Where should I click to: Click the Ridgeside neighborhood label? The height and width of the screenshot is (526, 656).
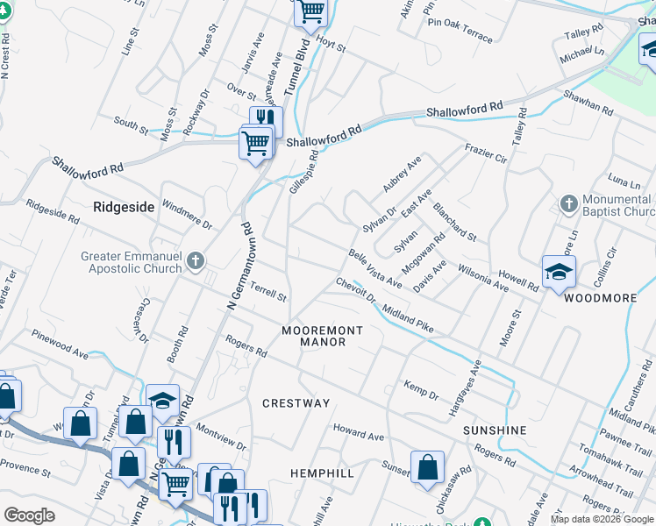pos(124,207)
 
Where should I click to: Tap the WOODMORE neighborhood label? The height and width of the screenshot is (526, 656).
pos(600,298)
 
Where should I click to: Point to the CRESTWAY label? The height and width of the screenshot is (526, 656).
pos(296,403)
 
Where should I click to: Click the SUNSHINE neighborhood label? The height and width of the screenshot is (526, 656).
pos(495,430)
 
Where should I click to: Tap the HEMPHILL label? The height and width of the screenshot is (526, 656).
pos(322,473)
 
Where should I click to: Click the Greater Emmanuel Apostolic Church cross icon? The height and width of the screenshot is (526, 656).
pos(195,260)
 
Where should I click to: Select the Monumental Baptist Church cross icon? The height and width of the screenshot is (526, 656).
pos(568,203)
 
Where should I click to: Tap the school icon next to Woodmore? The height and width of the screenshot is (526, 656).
pos(558,272)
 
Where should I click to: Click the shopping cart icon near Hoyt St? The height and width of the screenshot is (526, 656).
pos(310,11)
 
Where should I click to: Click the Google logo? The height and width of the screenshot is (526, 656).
pos(30,515)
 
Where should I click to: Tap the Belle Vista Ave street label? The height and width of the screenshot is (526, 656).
pos(374,268)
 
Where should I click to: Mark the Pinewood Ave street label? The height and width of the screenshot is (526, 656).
pos(60,345)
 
